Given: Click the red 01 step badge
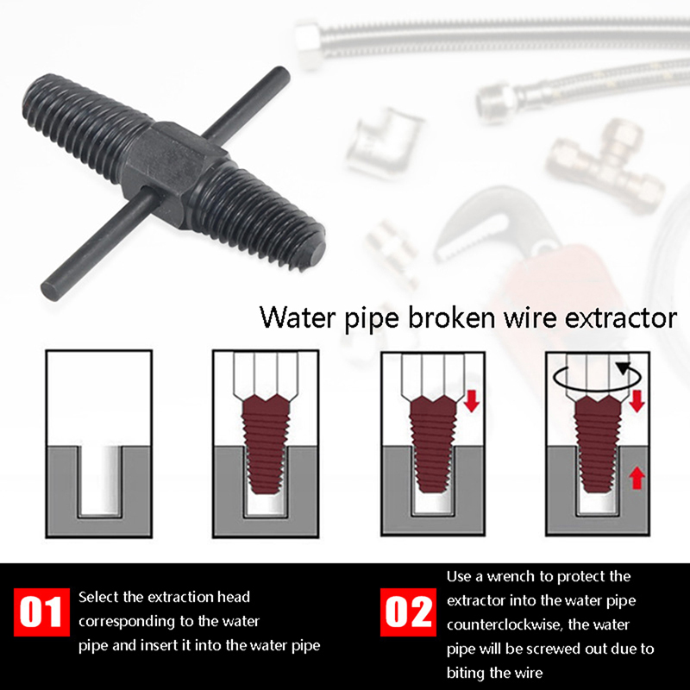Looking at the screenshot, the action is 41,612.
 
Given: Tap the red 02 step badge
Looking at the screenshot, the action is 408,612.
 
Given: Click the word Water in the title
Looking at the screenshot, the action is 298,317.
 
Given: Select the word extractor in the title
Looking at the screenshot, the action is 620,318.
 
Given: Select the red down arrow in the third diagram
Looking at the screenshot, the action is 472,401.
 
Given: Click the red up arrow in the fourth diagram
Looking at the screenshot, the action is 637,479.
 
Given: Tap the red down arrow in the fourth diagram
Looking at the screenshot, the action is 637,401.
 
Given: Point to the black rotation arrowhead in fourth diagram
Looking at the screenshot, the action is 623,368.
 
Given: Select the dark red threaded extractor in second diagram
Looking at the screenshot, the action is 266,443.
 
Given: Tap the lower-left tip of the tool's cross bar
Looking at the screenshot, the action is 49,292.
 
